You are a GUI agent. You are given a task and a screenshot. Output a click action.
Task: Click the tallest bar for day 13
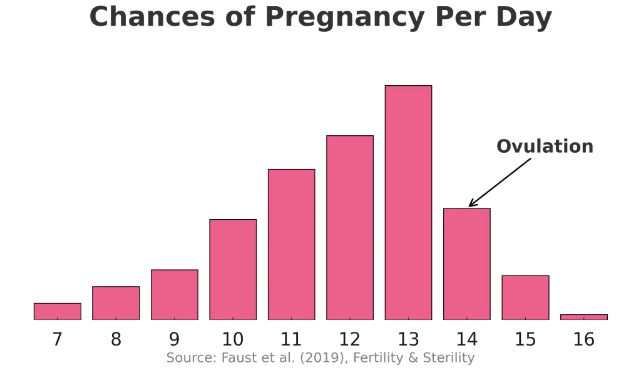408,202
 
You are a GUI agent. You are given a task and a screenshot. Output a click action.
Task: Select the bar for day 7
58,311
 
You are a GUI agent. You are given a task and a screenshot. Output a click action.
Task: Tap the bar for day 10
233,269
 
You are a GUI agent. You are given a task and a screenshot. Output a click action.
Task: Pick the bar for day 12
350,227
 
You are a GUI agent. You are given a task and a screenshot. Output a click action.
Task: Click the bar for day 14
467,264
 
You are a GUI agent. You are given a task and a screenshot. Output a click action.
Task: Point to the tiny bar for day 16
583,317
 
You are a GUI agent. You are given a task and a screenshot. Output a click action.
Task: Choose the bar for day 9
175,294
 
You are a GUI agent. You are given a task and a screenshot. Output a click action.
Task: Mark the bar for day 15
525,297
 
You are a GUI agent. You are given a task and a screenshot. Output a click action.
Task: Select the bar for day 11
292,244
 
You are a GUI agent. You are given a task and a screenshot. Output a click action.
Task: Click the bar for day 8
116,303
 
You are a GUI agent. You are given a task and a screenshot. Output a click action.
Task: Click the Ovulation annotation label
545,146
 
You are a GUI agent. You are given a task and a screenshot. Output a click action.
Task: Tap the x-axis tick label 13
408,339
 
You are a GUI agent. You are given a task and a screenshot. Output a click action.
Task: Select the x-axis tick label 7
58,339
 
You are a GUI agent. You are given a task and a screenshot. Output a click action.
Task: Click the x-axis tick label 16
583,339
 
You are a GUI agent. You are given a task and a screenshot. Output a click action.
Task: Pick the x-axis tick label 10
233,339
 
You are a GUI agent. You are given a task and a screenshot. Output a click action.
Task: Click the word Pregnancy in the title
322,18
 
